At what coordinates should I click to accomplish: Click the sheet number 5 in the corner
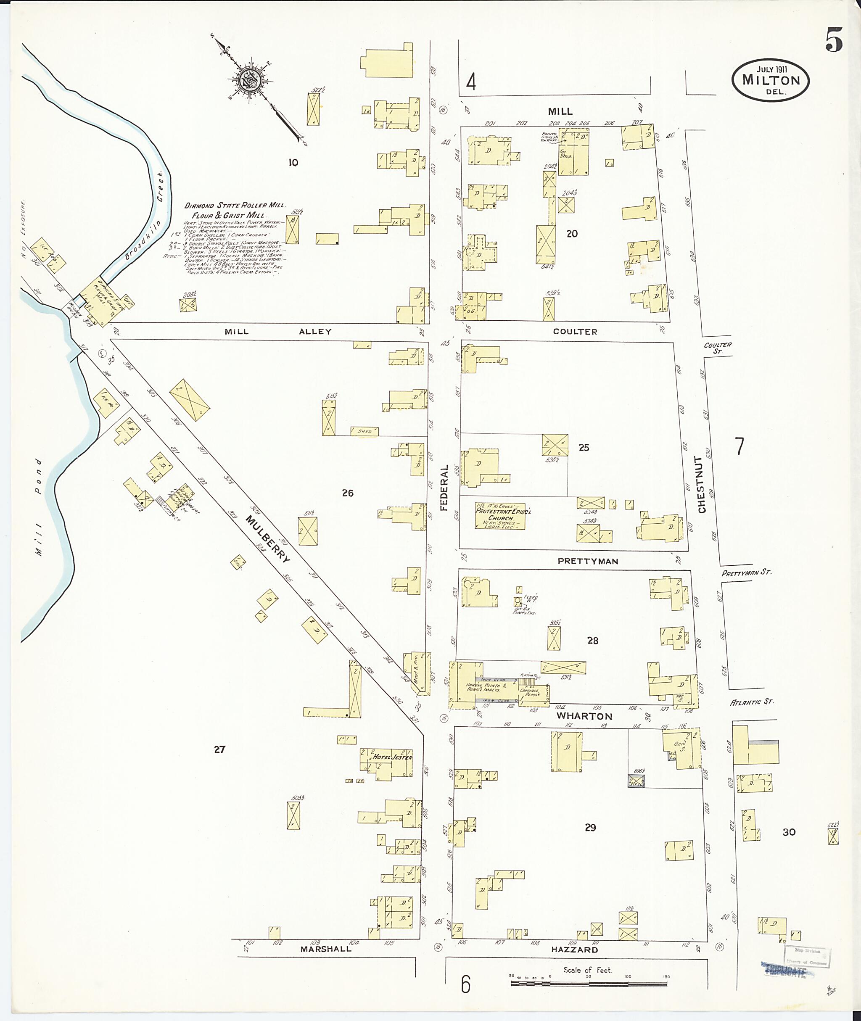(x=834, y=40)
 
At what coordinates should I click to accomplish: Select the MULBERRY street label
(x=267, y=539)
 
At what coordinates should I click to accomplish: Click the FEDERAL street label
(x=444, y=488)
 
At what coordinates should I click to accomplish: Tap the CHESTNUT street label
(x=702, y=485)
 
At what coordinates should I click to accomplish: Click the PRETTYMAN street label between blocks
(x=588, y=561)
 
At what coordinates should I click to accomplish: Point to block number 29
(x=590, y=828)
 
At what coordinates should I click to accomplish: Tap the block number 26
(x=348, y=493)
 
